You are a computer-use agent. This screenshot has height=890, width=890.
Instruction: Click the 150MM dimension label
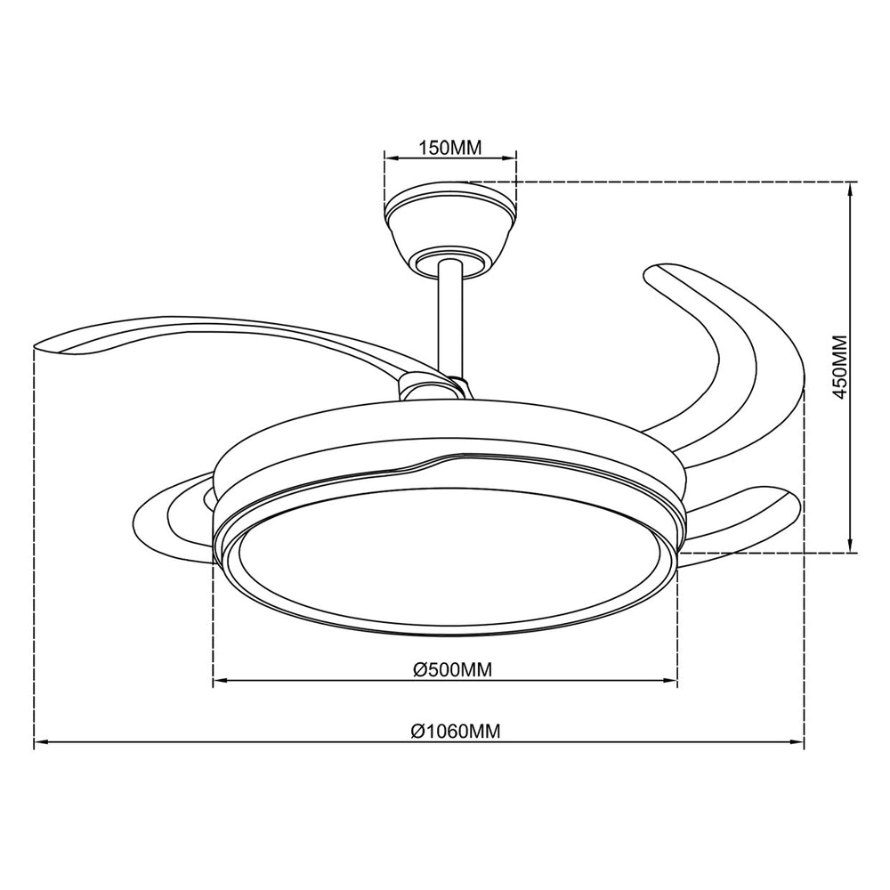[x=450, y=148]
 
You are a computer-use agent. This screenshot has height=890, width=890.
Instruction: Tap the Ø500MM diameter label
[x=452, y=670]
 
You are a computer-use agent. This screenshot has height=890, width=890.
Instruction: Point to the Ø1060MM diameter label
[x=456, y=731]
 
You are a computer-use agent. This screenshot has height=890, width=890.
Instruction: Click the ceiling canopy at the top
[x=450, y=227]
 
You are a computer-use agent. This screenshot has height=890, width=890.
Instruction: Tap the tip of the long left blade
[x=36, y=345]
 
